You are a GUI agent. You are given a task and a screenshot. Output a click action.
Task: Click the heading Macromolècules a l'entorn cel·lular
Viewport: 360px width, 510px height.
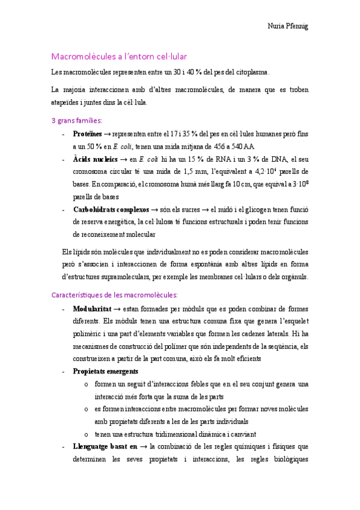(x=120, y=57)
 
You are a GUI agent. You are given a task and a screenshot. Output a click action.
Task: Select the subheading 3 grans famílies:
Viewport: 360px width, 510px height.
(x=77, y=120)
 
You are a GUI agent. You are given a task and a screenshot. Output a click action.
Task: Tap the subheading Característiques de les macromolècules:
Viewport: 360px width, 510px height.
(x=115, y=295)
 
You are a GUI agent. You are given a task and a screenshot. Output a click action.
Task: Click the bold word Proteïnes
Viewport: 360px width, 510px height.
(x=87, y=134)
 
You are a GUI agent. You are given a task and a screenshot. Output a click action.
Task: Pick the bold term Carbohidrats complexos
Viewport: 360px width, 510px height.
(x=111, y=210)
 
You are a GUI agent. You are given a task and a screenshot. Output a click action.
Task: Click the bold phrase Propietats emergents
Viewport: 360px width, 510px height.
(x=105, y=371)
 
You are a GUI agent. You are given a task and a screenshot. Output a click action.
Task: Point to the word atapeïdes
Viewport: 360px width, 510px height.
(x=69, y=102)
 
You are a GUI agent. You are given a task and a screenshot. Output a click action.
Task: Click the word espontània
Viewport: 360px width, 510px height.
(x=223, y=265)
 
